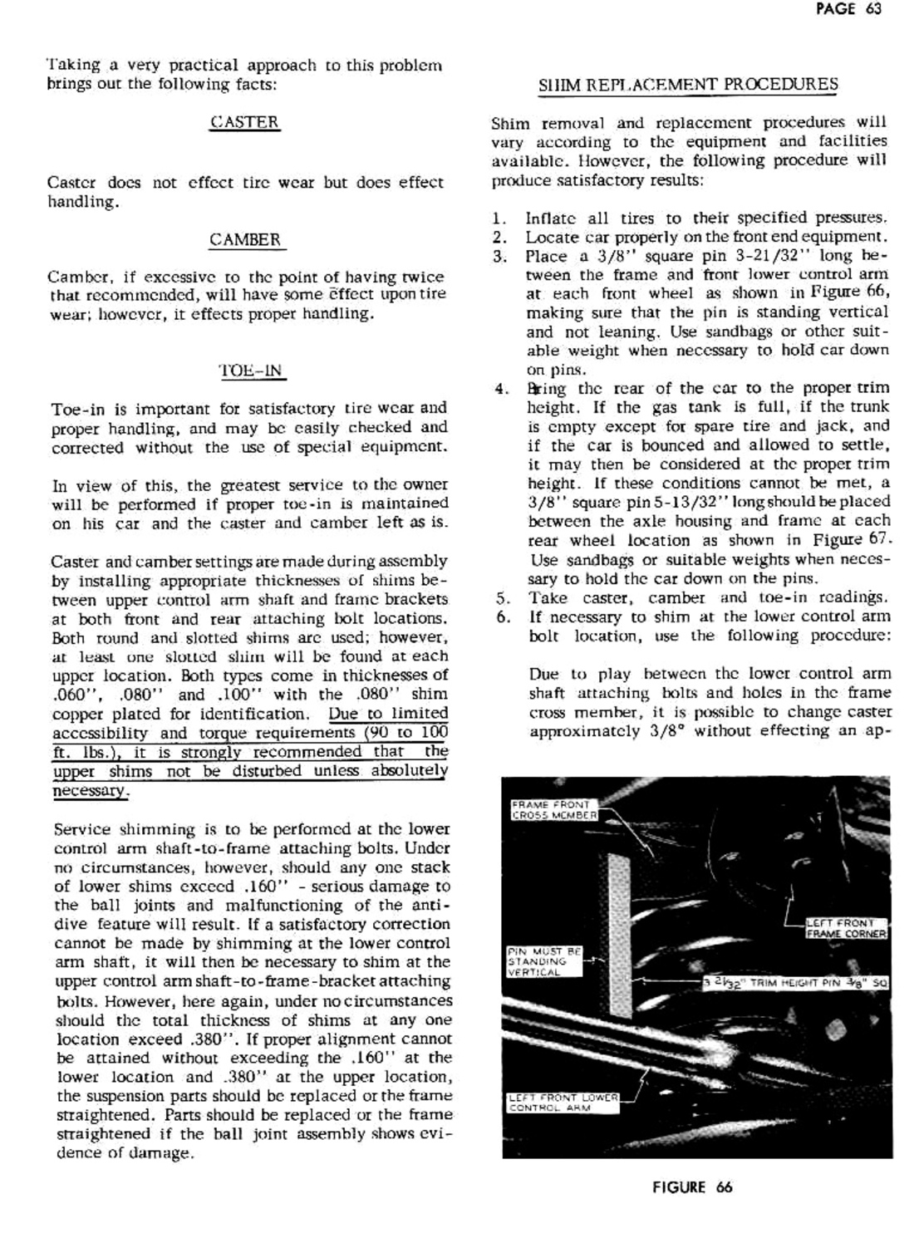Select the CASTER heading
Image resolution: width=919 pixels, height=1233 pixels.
pyautogui.click(x=244, y=122)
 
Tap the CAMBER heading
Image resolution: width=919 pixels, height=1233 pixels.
pyautogui.click(x=245, y=240)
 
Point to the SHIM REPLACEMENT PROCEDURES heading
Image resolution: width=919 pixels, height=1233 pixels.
pyautogui.click(x=688, y=85)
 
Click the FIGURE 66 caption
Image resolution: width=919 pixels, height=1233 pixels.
pyautogui.click(x=692, y=1187)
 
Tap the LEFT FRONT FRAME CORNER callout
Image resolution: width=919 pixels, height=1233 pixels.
pyautogui.click(x=847, y=928)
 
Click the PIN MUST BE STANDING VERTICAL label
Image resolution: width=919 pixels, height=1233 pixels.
pyautogui.click(x=544, y=961)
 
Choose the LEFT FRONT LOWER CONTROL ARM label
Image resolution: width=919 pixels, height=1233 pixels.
pyautogui.click(x=563, y=1103)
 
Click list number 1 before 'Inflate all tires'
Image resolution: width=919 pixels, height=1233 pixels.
pyautogui.click(x=499, y=219)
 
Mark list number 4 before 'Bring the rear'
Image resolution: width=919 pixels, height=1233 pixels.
pyautogui.click(x=499, y=388)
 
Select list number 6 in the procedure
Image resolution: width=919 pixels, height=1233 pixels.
pyautogui.click(x=501, y=616)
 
